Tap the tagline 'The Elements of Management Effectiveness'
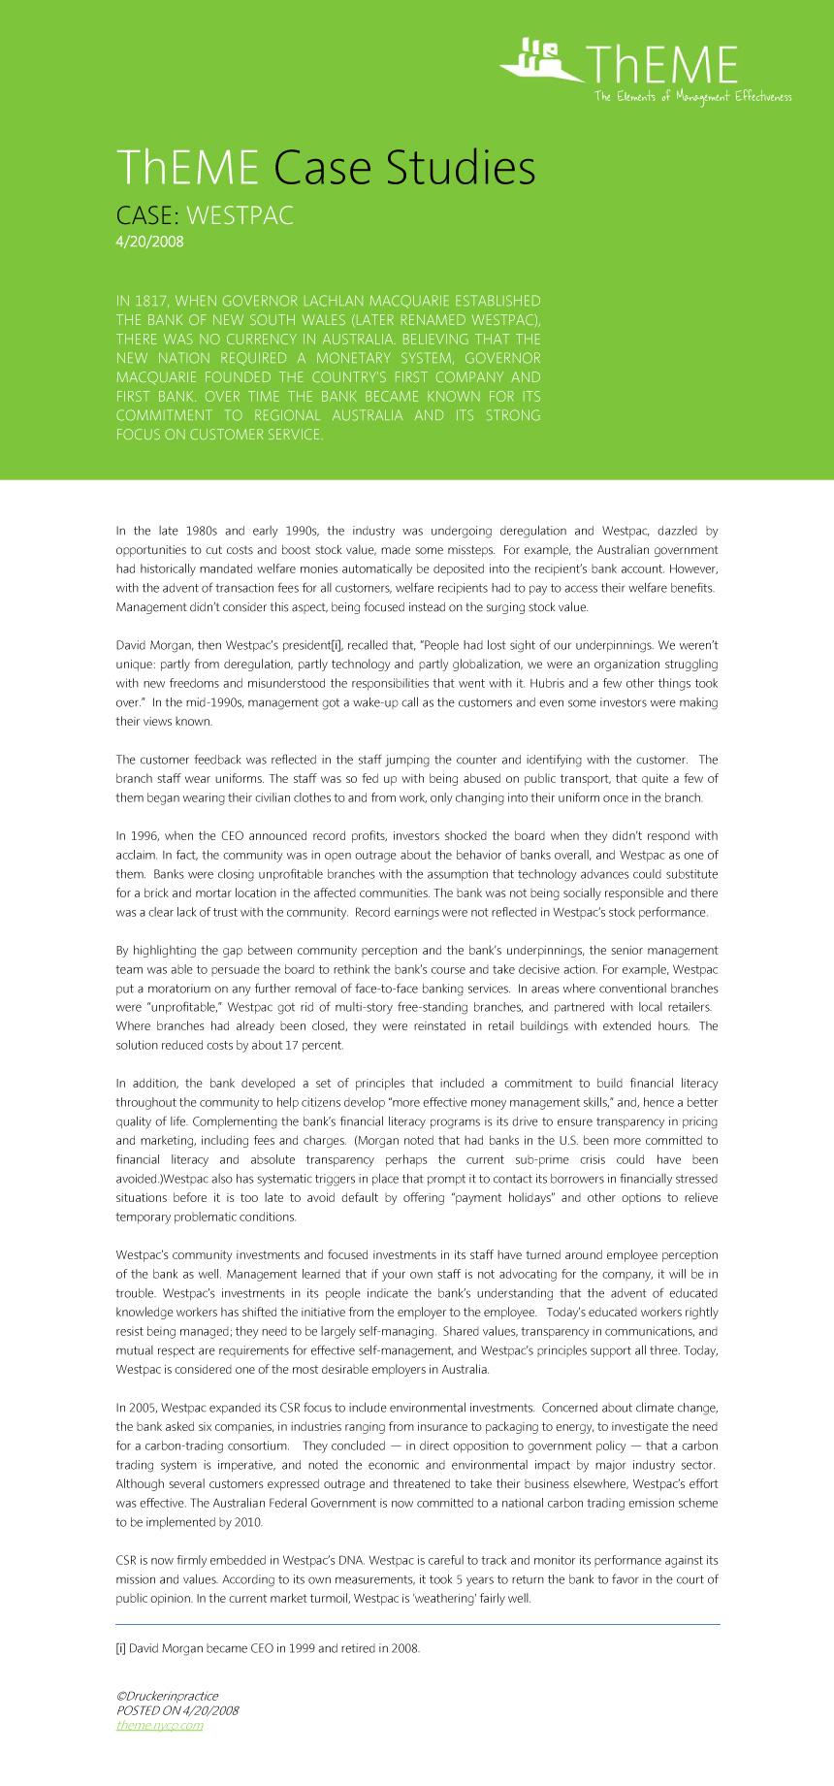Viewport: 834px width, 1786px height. [x=692, y=96]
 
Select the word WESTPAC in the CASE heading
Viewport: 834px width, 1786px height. [x=240, y=214]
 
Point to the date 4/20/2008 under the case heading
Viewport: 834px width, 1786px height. [x=149, y=242]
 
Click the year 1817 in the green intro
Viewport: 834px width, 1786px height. [x=148, y=301]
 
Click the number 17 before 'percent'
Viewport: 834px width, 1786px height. [x=292, y=1045]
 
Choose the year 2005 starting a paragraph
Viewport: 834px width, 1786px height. [x=142, y=1407]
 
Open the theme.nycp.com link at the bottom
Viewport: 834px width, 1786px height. [x=159, y=1725]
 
